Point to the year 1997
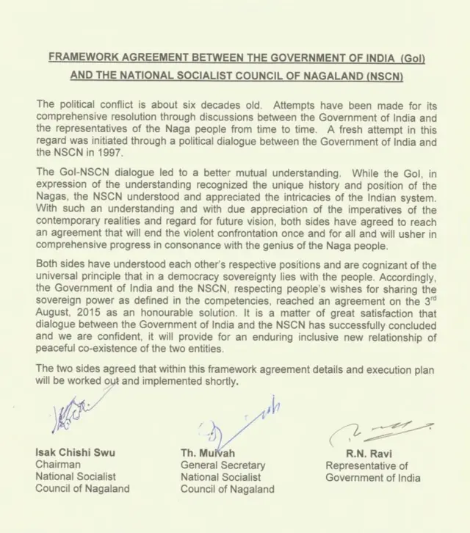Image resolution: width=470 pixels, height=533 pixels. click(x=99, y=153)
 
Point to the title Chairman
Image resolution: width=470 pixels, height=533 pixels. click(x=59, y=464)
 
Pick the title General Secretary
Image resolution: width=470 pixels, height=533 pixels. click(x=223, y=465)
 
